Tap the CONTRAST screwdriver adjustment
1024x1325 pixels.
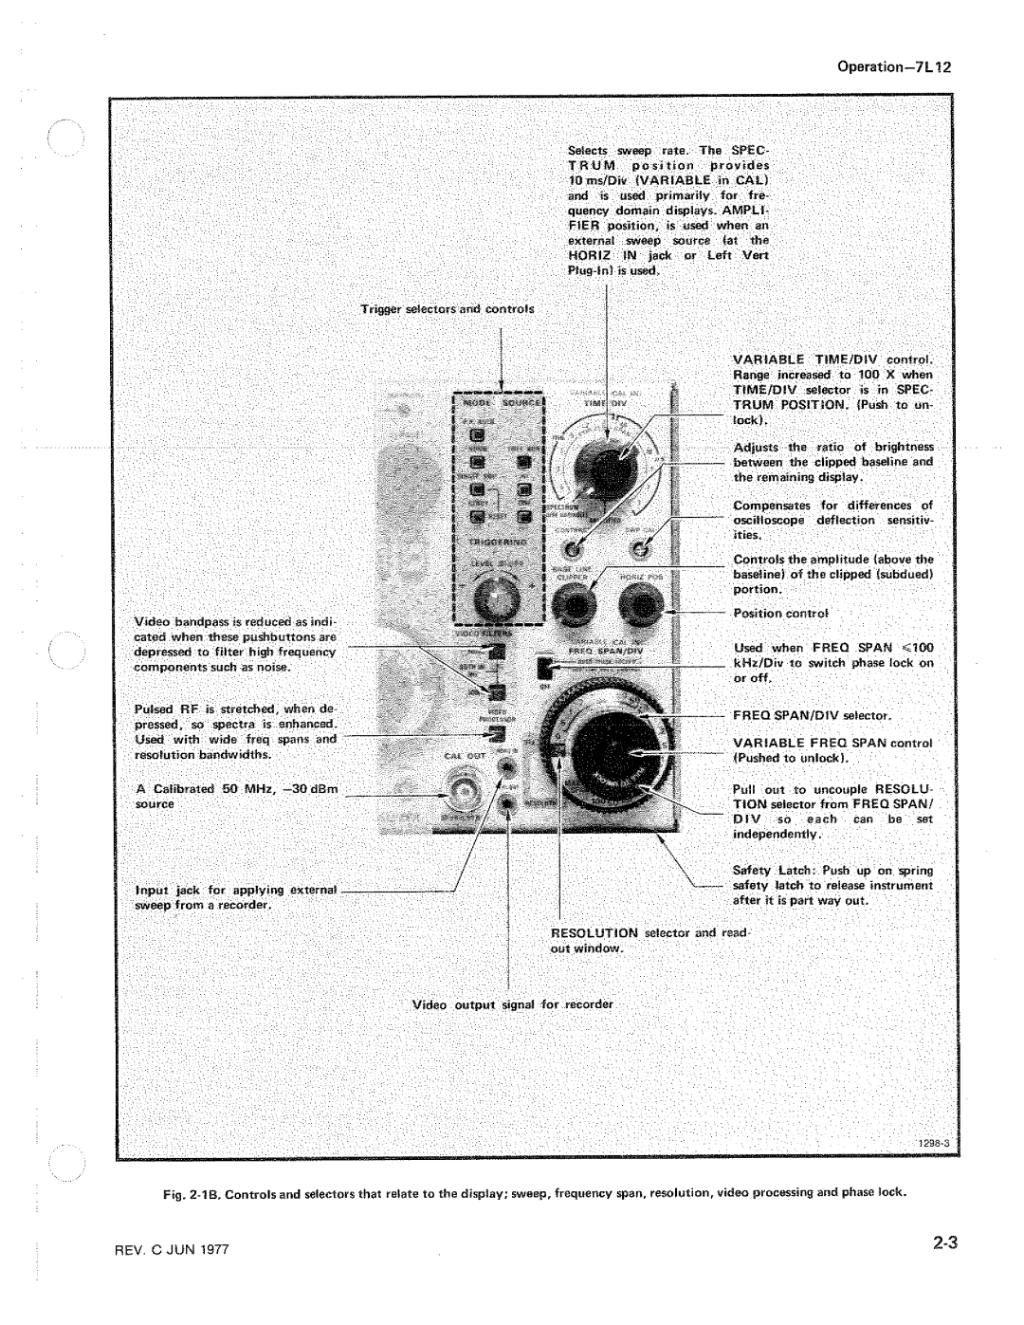click(574, 547)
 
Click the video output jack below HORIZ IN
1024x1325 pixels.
click(510, 802)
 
